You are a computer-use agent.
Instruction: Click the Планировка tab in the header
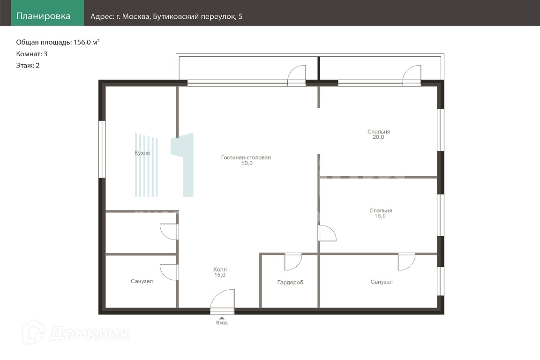point(44,16)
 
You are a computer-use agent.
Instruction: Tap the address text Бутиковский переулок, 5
point(198,16)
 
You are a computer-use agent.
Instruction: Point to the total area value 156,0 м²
point(86,42)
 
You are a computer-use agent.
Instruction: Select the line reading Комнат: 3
point(32,54)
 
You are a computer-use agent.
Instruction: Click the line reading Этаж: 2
point(28,66)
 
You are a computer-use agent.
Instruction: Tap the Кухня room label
point(142,153)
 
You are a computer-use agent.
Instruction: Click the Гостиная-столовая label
point(246,157)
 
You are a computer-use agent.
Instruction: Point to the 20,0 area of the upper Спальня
point(378,137)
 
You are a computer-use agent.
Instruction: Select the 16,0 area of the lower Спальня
point(380,216)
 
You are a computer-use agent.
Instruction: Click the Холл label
point(220,270)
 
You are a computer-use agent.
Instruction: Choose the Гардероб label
point(290,283)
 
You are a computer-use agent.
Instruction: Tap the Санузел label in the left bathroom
point(142,281)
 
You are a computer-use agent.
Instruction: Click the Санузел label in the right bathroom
point(382,282)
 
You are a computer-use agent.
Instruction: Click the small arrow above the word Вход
point(222,318)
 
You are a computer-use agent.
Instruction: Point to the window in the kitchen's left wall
point(102,149)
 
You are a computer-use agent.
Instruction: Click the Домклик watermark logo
point(76,333)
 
